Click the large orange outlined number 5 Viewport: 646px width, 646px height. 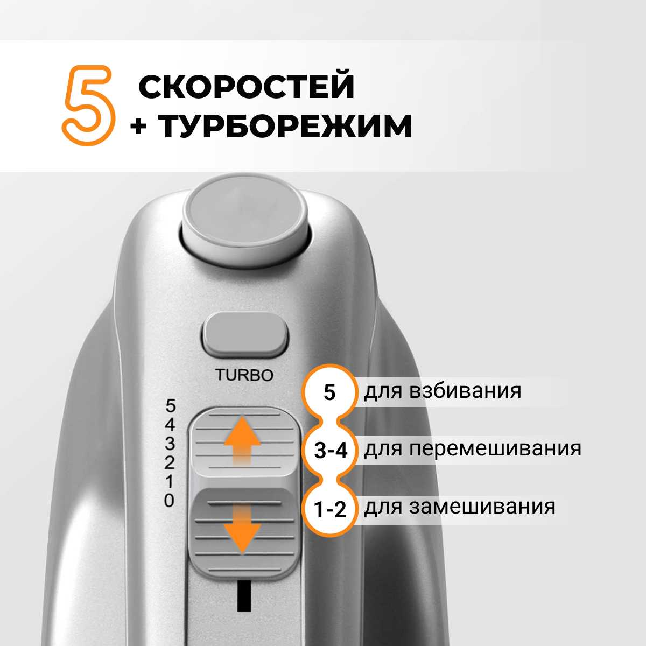(x=88, y=106)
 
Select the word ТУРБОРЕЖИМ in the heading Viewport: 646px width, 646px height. (x=285, y=126)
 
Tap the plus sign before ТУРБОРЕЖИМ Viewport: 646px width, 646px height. (x=138, y=127)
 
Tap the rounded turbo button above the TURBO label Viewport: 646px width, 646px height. (x=245, y=334)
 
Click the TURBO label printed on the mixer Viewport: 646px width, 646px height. (x=244, y=375)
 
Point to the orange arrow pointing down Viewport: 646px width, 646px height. (x=242, y=529)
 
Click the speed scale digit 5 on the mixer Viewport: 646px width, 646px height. (x=171, y=406)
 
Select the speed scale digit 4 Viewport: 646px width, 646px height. (x=170, y=425)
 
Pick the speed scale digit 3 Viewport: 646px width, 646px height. (x=170, y=444)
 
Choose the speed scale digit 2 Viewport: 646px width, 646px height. (x=170, y=462)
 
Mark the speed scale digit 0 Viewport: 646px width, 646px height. (x=169, y=501)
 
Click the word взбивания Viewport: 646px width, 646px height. (x=465, y=391)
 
